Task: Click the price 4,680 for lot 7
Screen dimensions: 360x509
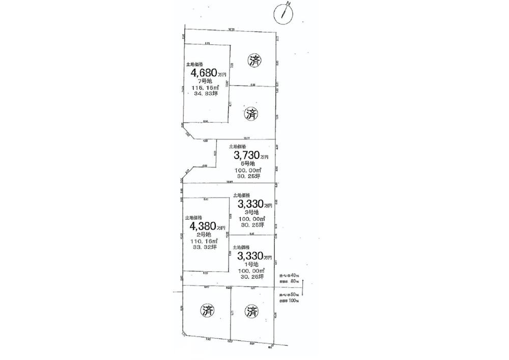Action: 204,73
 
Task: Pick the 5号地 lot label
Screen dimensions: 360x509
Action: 248,163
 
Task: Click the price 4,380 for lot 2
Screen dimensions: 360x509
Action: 204,226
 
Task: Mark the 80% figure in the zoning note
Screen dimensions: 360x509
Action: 294,281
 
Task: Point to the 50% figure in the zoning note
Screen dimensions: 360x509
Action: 295,295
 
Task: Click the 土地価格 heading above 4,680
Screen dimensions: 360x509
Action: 195,65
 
